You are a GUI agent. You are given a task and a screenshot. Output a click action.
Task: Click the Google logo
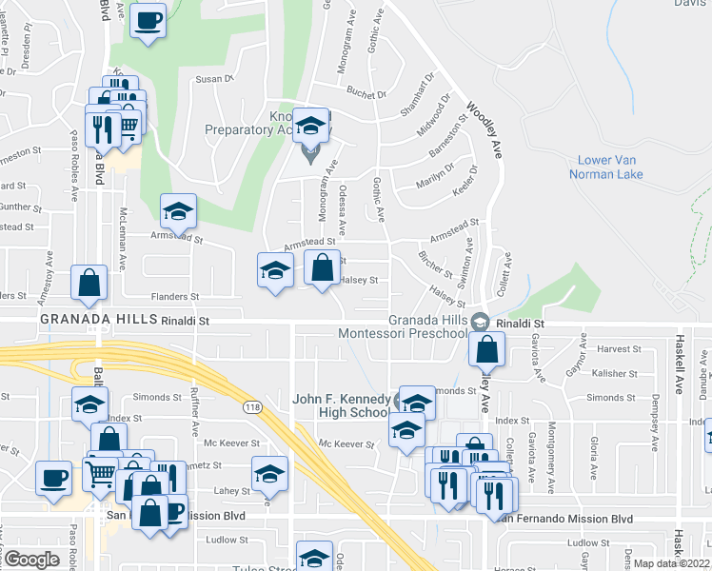click(x=31, y=559)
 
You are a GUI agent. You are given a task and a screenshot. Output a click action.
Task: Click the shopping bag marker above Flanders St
click(x=89, y=283)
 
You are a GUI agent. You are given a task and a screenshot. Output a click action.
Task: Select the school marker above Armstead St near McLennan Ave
click(x=177, y=213)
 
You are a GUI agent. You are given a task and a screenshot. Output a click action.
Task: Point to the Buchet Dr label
click(x=366, y=93)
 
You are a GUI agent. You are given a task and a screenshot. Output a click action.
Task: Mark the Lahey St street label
click(x=237, y=491)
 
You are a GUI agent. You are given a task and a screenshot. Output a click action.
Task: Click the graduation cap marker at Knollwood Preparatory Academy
click(x=311, y=126)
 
